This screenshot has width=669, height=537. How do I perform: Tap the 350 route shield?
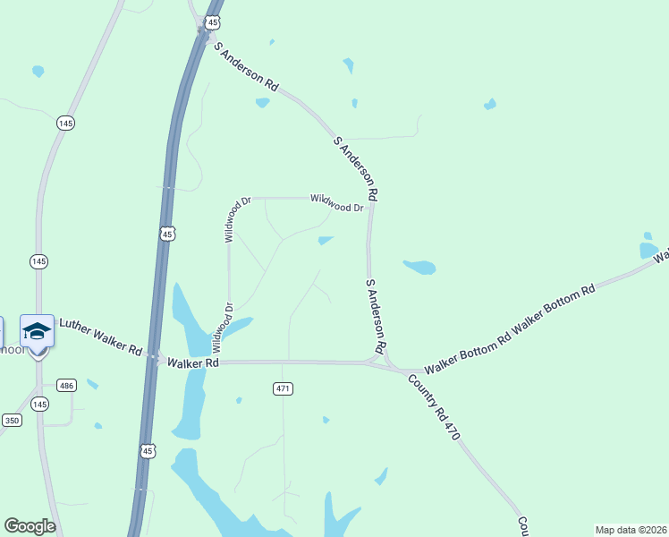click(12, 420)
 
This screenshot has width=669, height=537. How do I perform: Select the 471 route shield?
click(284, 388)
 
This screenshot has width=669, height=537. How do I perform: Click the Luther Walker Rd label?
click(99, 336)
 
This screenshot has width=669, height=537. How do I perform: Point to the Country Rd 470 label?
click(434, 407)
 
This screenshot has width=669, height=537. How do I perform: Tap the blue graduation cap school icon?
click(37, 331)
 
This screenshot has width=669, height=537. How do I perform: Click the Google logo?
click(30, 526)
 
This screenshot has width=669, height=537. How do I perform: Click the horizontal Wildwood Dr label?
click(336, 202)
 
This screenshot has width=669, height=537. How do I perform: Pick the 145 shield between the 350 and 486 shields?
click(39, 405)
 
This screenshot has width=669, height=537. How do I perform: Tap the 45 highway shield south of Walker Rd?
click(148, 451)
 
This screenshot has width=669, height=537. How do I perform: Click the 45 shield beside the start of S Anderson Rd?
click(211, 21)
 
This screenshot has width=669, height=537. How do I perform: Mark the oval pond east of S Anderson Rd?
click(419, 267)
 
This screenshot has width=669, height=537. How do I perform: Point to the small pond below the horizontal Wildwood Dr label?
click(326, 240)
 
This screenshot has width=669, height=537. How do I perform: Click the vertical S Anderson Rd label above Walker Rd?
click(377, 314)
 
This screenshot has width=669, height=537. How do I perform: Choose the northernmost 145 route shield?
click(64, 123)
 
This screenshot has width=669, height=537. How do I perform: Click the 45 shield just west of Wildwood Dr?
click(168, 234)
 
